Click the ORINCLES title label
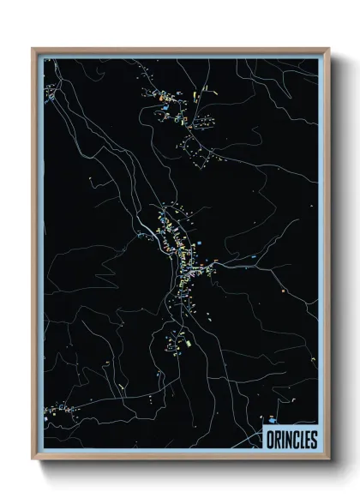coord(290,440)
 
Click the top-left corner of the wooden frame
coord(33,48)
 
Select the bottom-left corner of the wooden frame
coord(33,460)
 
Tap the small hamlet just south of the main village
coord(178,342)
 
